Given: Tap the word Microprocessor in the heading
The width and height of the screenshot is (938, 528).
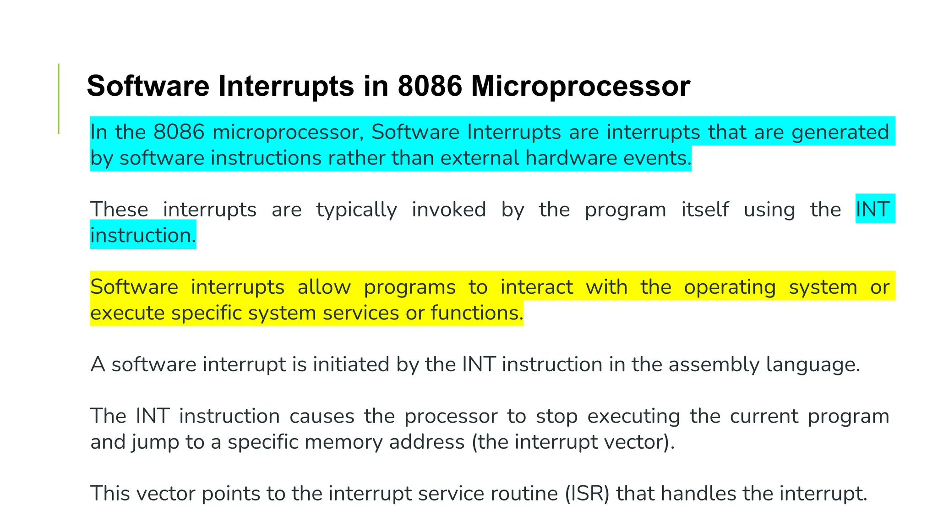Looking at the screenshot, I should (580, 87).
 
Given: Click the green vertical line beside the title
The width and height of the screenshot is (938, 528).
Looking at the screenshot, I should (59, 99).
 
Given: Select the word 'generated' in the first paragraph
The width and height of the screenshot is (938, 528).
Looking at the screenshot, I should (840, 132).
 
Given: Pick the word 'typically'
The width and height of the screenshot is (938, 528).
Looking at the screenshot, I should (356, 210).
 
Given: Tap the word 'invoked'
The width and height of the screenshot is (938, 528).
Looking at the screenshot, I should (449, 209).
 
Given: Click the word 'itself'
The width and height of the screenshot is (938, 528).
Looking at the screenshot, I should (705, 209).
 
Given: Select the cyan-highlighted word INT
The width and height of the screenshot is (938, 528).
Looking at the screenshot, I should (873, 209).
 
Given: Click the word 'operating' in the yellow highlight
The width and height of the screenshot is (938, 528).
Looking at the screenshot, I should (730, 287).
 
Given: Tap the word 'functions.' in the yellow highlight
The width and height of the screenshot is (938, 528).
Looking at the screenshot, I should (477, 313).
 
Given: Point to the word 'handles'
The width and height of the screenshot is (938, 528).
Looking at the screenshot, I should (698, 494).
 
